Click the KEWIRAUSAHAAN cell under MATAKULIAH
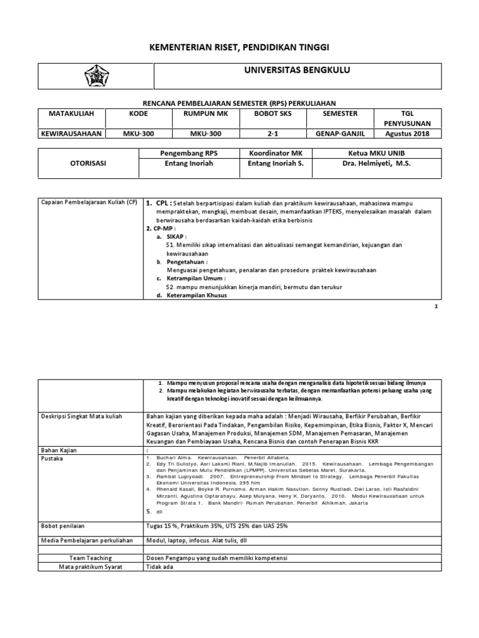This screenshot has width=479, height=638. pos(71,134)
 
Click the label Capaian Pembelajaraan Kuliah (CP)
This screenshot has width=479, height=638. pos(88,203)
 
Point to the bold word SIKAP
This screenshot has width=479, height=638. pos(178,237)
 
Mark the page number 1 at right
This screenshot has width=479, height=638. pos(436,307)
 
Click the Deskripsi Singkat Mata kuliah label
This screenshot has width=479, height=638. pos(82,416)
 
